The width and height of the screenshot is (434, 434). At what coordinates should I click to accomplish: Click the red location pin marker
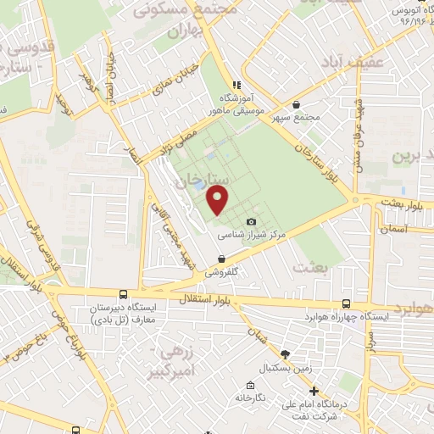click(x=219, y=201)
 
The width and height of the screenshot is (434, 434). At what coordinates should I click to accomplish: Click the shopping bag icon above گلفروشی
click(x=221, y=259)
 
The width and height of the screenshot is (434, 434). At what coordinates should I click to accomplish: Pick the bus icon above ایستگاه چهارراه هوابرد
click(x=346, y=303)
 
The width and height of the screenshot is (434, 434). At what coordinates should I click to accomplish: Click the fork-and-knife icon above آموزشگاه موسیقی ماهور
click(x=237, y=85)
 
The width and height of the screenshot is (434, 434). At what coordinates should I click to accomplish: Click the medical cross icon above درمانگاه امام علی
click(x=314, y=392)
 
